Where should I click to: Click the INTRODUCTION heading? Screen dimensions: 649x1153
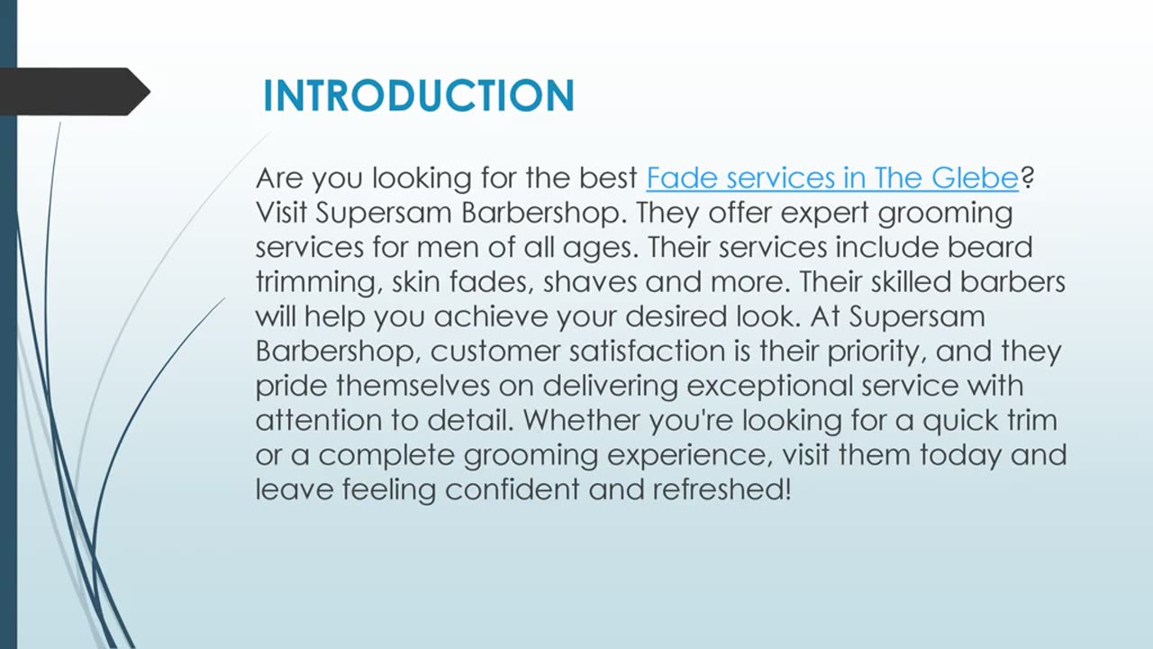(418, 96)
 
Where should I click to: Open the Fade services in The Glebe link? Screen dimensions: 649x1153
(831, 178)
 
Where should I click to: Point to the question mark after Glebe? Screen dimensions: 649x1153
(1027, 178)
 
